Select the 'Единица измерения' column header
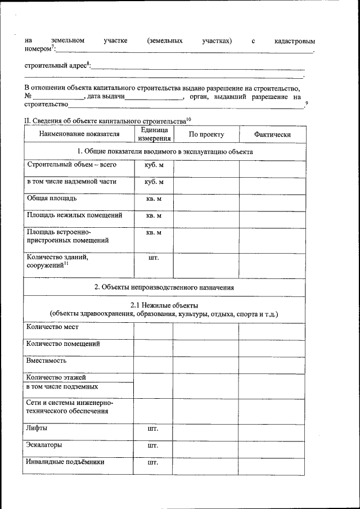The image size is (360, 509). coord(154,134)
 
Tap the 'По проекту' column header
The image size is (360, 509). coord(206,134)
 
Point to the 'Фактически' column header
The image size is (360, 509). coord(272,134)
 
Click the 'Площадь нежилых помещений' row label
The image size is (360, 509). coord(74,215)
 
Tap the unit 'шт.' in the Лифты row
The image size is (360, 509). coord(153,429)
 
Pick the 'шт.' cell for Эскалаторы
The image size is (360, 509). coord(153,445)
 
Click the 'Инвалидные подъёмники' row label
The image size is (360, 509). coord(66,462)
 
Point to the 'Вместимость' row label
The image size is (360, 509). coord(47,361)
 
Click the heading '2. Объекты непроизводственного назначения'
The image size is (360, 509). coord(164,287)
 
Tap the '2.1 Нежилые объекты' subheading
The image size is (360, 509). coord(164,305)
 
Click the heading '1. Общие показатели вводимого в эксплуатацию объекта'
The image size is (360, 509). coord(165,151)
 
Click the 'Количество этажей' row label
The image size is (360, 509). coord(56,377)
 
